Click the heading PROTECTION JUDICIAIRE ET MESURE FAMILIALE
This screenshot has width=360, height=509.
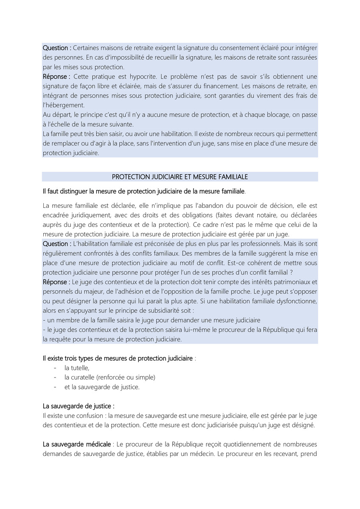click(180, 176)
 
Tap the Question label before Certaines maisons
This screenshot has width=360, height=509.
click(57, 48)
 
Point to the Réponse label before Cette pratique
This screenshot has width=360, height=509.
click(56, 77)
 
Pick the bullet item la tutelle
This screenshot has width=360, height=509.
click(77, 368)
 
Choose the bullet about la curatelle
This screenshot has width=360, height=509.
click(110, 377)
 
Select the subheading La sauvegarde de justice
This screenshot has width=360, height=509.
click(79, 406)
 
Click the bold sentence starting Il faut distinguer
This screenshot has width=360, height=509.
click(144, 191)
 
